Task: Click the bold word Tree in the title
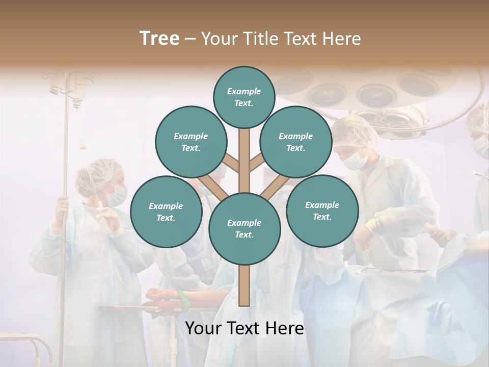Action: (159, 39)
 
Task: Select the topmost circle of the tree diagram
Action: (244, 97)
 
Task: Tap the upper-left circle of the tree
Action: (191, 142)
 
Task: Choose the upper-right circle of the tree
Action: (295, 142)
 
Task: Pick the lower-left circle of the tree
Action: (166, 212)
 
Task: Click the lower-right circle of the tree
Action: (322, 211)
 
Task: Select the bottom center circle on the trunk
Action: (244, 228)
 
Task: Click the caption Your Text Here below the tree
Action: (244, 328)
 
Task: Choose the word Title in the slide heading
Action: (259, 39)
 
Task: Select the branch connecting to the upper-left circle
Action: (230, 164)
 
